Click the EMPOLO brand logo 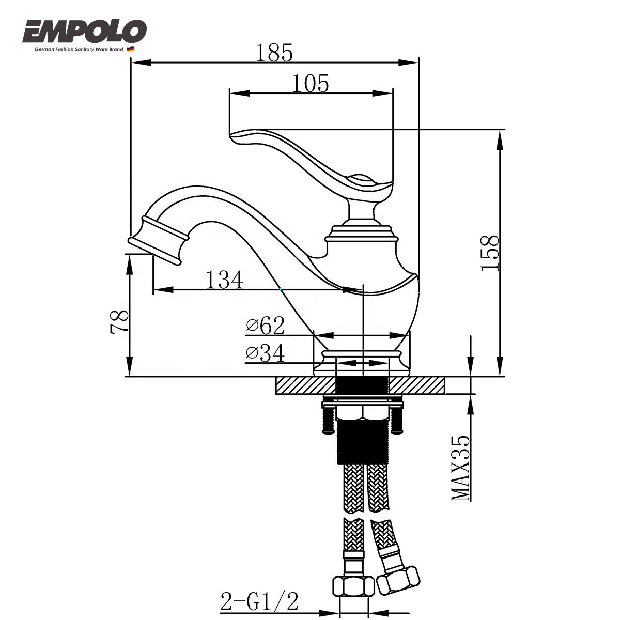tap(84, 32)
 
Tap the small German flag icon tap(130, 49)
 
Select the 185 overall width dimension tap(274, 53)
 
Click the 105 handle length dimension tap(311, 83)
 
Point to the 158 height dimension tap(490, 253)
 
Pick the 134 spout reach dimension tap(224, 280)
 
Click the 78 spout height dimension tap(120, 322)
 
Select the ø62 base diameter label tap(266, 326)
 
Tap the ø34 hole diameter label tap(266, 353)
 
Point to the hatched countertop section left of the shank tap(305, 385)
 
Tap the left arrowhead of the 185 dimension tap(141, 63)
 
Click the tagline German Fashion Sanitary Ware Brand tap(79, 50)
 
